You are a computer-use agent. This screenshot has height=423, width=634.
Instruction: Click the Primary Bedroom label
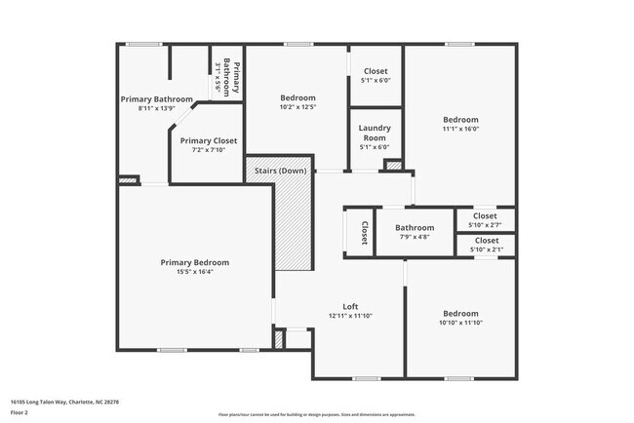click(195, 262)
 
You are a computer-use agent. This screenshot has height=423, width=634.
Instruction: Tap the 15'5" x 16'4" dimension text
click(195, 272)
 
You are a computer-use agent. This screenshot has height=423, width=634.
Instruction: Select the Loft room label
click(350, 306)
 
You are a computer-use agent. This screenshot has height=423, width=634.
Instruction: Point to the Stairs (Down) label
click(280, 172)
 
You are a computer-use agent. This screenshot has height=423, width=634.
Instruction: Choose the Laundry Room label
click(375, 133)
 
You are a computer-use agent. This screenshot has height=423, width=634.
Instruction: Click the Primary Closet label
click(209, 140)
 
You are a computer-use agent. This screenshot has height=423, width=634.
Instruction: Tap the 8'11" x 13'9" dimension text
click(156, 108)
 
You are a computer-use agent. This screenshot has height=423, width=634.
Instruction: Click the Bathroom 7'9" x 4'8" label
click(414, 232)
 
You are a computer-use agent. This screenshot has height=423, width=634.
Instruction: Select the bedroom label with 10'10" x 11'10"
click(460, 318)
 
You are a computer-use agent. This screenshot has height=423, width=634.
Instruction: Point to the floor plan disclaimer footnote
click(316, 413)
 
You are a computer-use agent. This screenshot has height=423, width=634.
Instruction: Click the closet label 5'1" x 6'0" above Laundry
click(375, 76)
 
